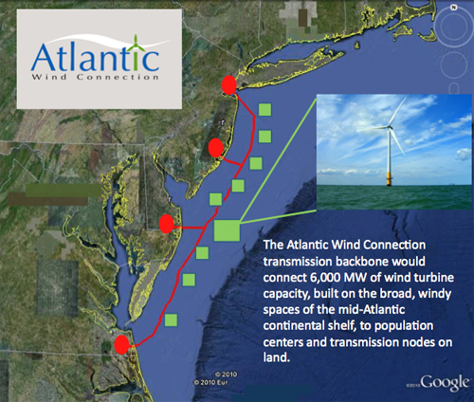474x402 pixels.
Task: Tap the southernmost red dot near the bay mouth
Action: tap(122, 345)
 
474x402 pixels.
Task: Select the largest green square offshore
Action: tap(228, 229)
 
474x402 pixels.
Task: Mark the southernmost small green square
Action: tap(171, 320)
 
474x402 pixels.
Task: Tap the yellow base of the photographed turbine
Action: tap(391, 177)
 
